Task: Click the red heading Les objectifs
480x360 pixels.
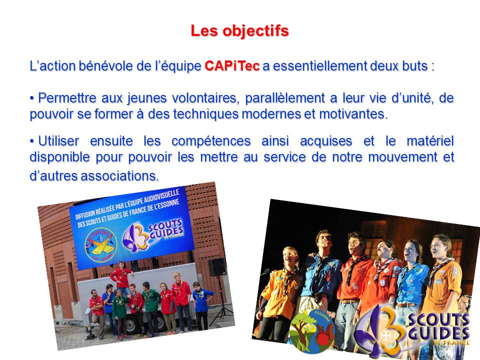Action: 239,31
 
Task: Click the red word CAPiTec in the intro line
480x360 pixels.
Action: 232,66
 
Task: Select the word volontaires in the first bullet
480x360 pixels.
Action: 204,98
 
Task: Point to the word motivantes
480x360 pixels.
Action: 353,114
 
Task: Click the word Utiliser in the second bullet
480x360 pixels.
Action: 58,141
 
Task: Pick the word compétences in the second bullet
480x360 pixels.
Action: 211,141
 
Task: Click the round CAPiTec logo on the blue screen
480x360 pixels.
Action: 100,245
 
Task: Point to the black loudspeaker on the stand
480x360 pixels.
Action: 217,267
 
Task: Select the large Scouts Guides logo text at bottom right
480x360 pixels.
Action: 438,328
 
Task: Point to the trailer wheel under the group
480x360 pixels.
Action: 131,326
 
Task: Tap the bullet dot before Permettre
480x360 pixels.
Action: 32,98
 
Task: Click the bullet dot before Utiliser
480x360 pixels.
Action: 32,141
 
